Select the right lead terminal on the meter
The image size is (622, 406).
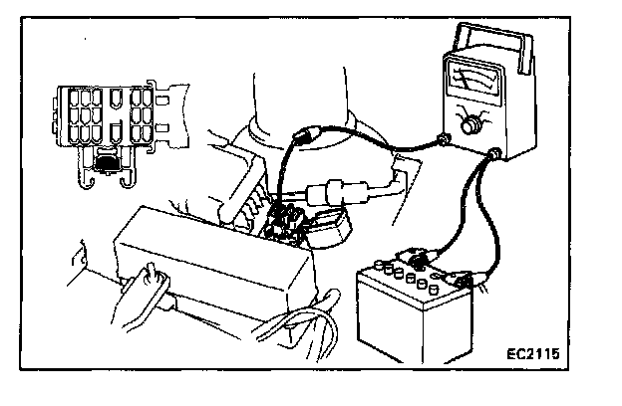coord(494,153)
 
